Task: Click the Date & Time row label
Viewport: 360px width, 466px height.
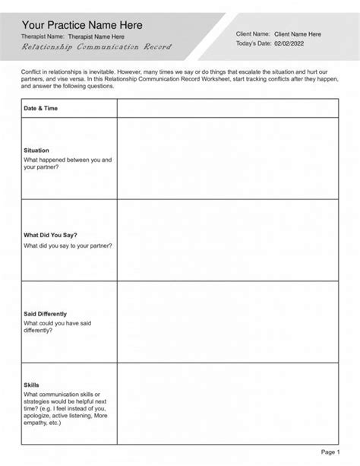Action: point(41,109)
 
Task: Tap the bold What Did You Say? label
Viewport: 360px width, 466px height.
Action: point(51,236)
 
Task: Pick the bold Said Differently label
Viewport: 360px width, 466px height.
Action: point(46,313)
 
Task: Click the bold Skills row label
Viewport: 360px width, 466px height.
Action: point(32,385)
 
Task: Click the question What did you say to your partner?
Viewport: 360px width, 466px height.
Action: point(68,246)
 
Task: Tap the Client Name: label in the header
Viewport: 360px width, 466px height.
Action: point(252,34)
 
